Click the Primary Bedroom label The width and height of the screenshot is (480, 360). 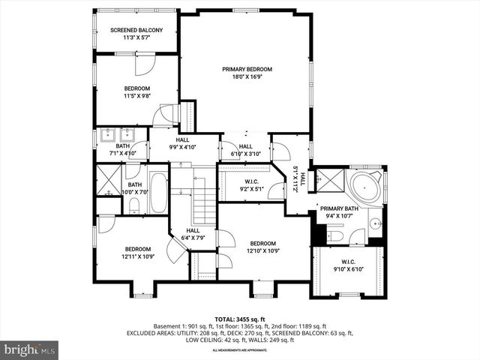246,69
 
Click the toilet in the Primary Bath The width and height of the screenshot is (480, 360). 335,235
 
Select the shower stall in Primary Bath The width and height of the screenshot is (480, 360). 327,180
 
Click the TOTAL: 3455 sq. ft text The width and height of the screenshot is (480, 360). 240,318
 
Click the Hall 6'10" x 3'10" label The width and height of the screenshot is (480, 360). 244,149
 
